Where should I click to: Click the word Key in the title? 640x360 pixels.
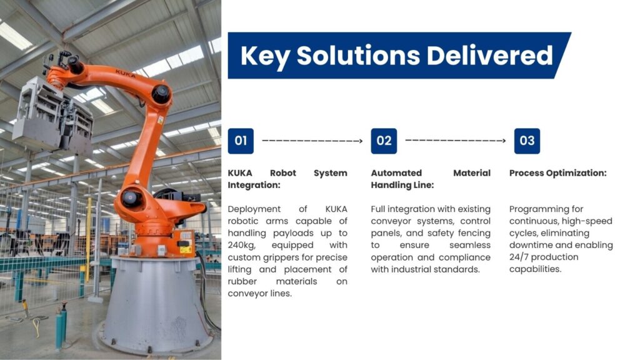tap(264, 56)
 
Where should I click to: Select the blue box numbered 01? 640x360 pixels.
tap(241, 141)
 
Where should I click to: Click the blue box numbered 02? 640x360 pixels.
tap(384, 141)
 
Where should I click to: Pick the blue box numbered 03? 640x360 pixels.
tap(527, 141)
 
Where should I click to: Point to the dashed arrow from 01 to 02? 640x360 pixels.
tap(312, 141)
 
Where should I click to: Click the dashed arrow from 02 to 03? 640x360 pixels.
tap(456, 141)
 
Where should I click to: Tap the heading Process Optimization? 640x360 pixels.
tap(557, 173)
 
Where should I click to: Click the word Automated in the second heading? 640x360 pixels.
tap(396, 173)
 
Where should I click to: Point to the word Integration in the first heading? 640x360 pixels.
tap(254, 185)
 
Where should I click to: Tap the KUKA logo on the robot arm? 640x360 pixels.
tap(125, 74)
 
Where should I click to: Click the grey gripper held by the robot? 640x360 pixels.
tap(53, 115)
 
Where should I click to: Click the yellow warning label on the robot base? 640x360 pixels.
tap(186, 249)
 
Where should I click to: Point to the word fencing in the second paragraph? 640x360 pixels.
tap(474, 234)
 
